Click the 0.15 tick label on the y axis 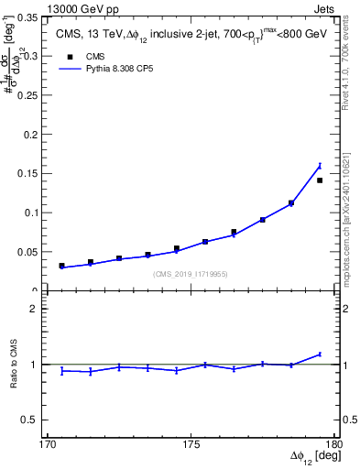[x=29, y=174]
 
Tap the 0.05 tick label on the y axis [x=29, y=252]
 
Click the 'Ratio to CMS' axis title [x=14, y=364]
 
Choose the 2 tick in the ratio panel [x=38, y=309]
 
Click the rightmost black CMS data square [x=320, y=180]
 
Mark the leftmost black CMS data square [x=61, y=266]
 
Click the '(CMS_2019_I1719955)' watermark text [x=190, y=274]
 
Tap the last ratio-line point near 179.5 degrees [x=320, y=354]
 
